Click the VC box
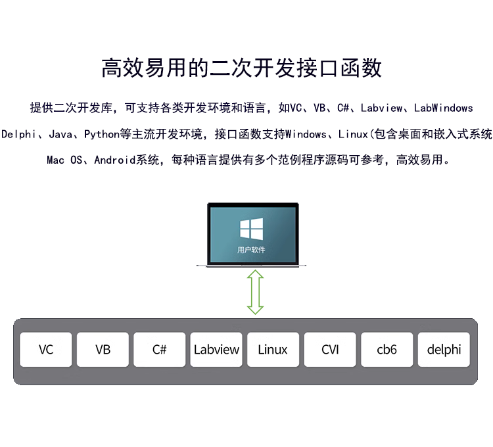46,349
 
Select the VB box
103,349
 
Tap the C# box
160,349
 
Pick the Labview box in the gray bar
216,349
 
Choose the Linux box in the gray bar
273,349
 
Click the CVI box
330,349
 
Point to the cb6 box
387,349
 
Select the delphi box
444,349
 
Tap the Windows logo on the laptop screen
251,229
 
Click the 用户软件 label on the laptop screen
251,250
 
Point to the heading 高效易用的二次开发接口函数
242,68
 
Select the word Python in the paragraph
102,134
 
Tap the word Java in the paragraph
60,134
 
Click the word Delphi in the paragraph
18,134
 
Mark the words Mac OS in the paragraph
64,160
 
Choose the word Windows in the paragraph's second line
307,134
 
